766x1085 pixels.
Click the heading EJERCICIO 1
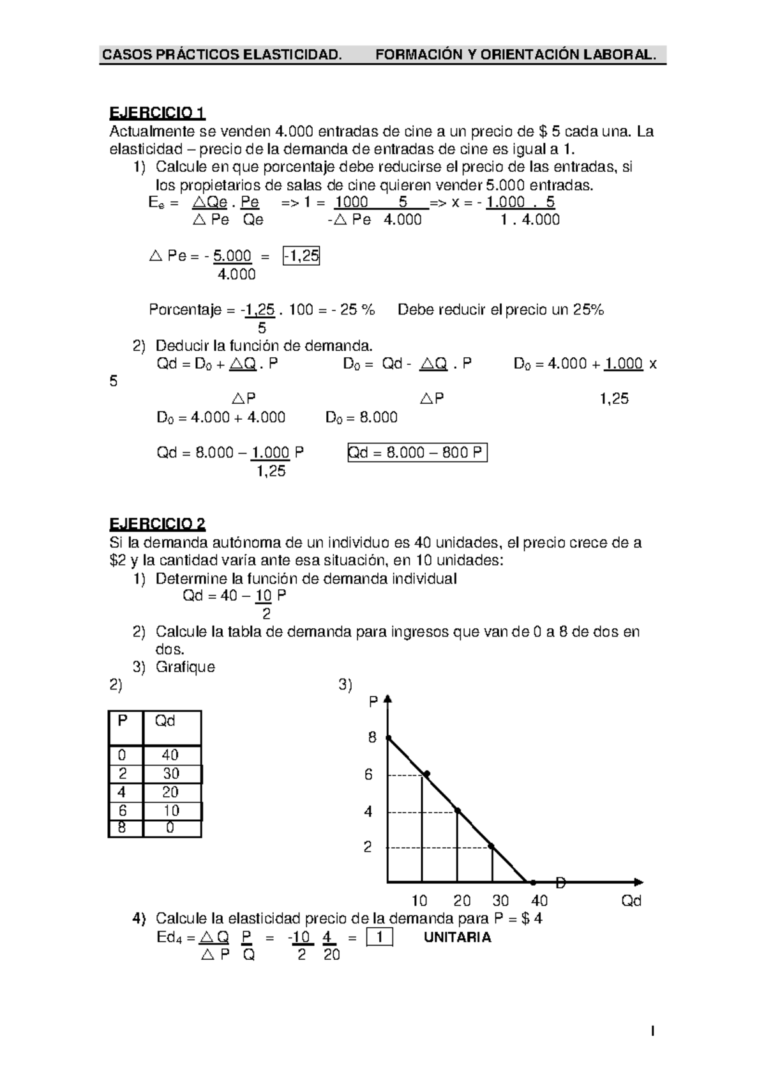tap(157, 114)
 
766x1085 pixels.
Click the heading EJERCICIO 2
tap(157, 525)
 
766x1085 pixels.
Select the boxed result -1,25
tap(301, 256)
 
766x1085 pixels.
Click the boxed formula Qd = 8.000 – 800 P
tap(417, 453)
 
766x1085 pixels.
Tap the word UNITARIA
tap(457, 937)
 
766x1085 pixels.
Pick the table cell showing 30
tap(171, 774)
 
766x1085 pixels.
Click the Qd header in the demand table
tap(165, 721)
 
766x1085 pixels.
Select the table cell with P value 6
tap(123, 810)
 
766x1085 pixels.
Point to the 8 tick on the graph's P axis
tap(372, 737)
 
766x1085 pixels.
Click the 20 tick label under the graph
tap(462, 901)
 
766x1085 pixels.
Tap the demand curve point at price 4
tap(457, 811)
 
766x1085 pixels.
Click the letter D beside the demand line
tap(560, 883)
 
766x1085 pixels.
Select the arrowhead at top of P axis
tap(387, 698)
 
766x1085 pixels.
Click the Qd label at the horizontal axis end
tap(631, 901)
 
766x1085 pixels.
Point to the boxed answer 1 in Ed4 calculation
tap(380, 937)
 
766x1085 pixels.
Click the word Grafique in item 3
tap(185, 667)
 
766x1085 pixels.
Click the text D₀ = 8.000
tap(361, 417)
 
